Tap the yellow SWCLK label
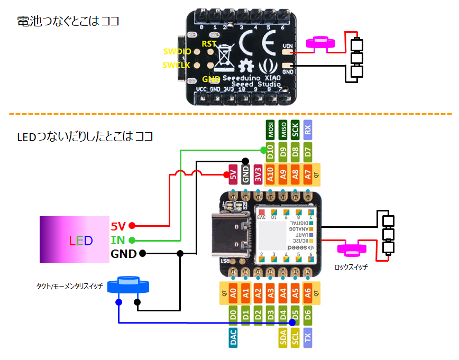coord(176,65)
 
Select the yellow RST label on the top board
coord(209,44)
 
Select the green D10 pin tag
coord(270,154)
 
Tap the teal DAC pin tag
coord(233,337)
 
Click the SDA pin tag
coord(283,337)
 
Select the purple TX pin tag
coord(308,337)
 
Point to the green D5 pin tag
coord(296,315)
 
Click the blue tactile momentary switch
coord(128,285)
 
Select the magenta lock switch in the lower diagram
coord(352,247)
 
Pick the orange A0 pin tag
coord(233,292)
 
